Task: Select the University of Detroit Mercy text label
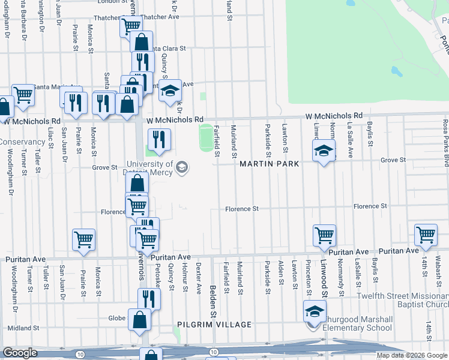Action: (149, 168)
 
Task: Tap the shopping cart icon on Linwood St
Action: (324, 236)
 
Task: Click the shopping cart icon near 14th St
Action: (426, 235)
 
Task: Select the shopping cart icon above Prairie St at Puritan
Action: (83, 239)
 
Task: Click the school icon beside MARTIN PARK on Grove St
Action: (324, 151)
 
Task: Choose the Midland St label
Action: (23, 328)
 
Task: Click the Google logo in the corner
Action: (20, 353)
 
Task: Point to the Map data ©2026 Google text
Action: (411, 355)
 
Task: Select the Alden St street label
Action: (281, 274)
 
